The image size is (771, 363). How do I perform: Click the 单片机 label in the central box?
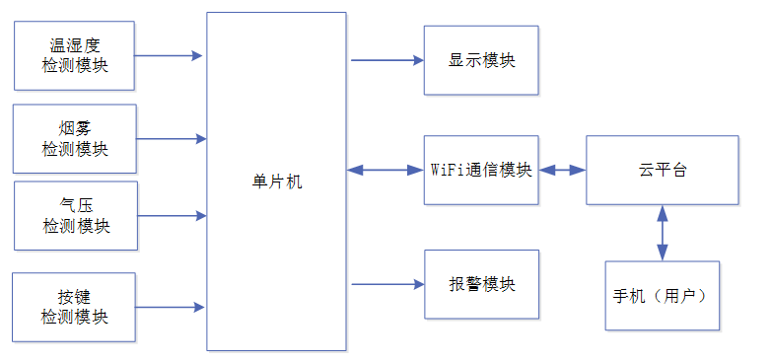[276, 182]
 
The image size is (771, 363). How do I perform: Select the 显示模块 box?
[481, 60]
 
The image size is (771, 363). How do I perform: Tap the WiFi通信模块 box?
[481, 171]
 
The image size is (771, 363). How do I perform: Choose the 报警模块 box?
[482, 284]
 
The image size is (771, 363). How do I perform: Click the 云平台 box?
[663, 171]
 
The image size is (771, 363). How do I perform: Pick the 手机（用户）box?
[663, 296]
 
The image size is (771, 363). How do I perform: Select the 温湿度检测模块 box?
[74, 55]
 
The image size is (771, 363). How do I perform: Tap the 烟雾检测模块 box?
[75, 139]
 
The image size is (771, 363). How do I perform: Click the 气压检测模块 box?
[76, 215]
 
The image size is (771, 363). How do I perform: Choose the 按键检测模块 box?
[74, 308]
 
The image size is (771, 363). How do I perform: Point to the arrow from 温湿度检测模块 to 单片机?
[169, 55]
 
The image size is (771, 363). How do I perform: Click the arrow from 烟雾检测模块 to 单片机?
[172, 139]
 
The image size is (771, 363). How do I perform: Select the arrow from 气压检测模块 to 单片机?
[172, 215]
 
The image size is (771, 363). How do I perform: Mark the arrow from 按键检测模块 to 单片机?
[170, 308]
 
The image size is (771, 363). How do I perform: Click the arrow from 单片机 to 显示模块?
[387, 60]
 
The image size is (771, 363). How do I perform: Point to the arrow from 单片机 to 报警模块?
[387, 284]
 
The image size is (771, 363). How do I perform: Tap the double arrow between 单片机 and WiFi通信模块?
[385, 171]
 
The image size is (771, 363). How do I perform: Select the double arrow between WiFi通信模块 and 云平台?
[563, 171]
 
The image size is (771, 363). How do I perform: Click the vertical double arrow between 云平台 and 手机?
[663, 233]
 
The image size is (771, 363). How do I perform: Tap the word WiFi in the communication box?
[448, 171]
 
